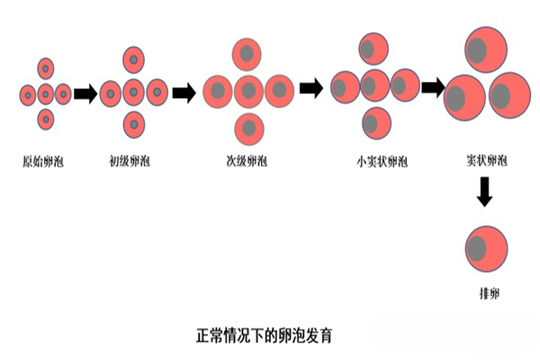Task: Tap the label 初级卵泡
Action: coord(131,163)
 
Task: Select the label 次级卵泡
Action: coord(247,163)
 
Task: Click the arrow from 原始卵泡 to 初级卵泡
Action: coord(85,93)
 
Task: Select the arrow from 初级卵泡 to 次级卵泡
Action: coord(184,92)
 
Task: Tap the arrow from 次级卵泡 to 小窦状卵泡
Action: coord(310,88)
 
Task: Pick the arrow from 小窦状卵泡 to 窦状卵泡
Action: coord(433,87)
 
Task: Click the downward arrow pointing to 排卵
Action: coord(485,192)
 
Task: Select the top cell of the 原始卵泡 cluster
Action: coord(45,67)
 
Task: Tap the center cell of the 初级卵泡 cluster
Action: coord(133,91)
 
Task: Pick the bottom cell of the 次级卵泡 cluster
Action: coord(247,128)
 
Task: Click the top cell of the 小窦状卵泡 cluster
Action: coord(373,49)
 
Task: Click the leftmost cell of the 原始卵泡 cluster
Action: coord(28,94)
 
